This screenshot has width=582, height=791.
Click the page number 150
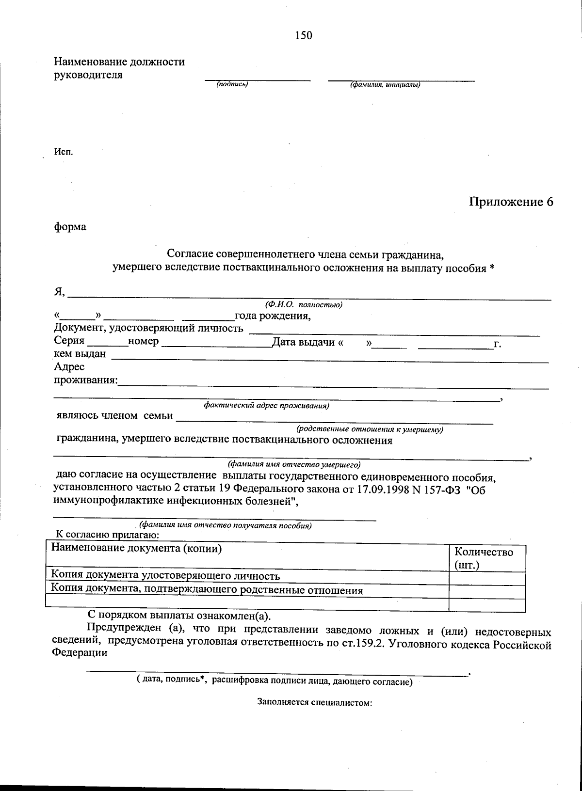(x=303, y=35)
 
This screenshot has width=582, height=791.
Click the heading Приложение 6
(x=511, y=202)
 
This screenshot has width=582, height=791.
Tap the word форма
(x=70, y=227)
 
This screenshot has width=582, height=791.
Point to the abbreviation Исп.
(x=63, y=152)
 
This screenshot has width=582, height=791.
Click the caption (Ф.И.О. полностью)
(x=304, y=305)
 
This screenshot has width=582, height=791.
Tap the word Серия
(x=69, y=341)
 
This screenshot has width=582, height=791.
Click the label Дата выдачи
(x=304, y=342)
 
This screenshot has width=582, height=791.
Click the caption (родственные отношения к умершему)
(x=370, y=429)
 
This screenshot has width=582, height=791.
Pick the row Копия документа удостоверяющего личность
(x=166, y=576)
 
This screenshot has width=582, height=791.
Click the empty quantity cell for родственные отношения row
(x=487, y=591)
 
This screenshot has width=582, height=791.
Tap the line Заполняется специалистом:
(x=314, y=702)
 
